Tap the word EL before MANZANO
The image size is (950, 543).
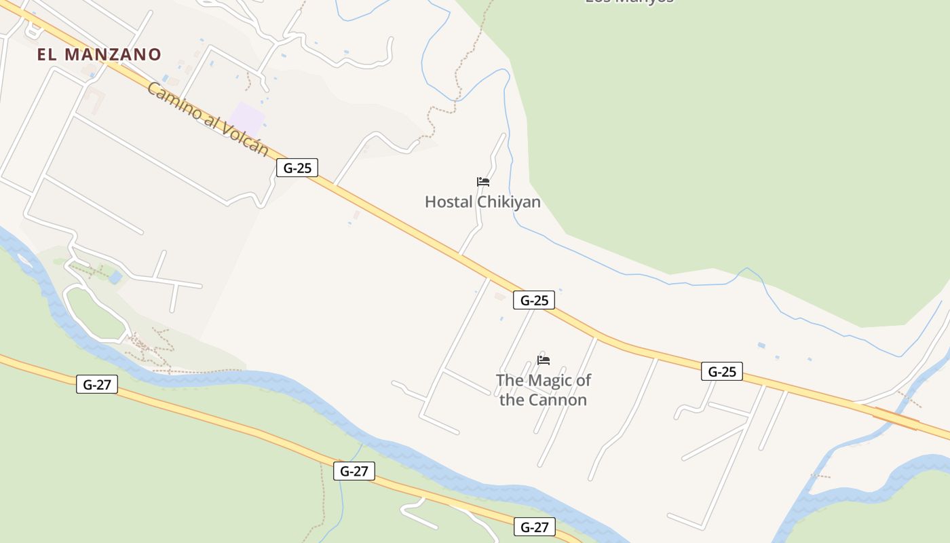[x=47, y=55]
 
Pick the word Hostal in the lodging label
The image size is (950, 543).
[x=449, y=202]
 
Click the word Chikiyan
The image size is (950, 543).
[x=509, y=202]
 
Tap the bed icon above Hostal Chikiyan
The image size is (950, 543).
[x=483, y=182]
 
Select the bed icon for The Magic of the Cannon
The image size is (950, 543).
[x=544, y=360]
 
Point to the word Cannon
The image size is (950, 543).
[x=557, y=400]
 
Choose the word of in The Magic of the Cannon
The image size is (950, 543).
[x=583, y=380]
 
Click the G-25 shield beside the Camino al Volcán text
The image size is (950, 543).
[x=297, y=168]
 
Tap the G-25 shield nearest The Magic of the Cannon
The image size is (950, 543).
[x=534, y=300]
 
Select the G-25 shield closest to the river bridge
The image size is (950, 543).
[x=722, y=371]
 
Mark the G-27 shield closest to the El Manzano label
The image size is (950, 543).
[x=97, y=384]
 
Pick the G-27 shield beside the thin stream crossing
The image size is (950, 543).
[x=354, y=471]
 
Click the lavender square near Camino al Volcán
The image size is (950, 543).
[x=246, y=119]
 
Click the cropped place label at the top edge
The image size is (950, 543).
[x=629, y=2]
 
